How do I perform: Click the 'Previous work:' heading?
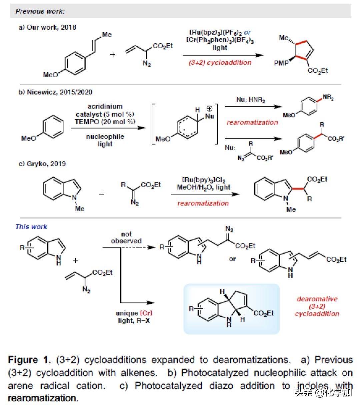(x=40, y=11)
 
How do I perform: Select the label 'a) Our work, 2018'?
(x=47, y=27)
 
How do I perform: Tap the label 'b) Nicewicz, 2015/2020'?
(x=55, y=92)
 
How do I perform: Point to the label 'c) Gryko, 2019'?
(x=42, y=164)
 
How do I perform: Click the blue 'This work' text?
(x=31, y=227)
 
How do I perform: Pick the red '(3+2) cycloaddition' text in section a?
(x=220, y=63)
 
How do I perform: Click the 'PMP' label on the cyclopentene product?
(x=281, y=63)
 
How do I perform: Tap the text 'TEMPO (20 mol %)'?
(x=105, y=122)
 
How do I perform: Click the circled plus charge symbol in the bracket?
(x=209, y=108)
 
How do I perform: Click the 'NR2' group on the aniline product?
(x=328, y=98)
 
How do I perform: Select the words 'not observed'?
(x=126, y=237)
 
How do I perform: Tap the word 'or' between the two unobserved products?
(x=232, y=259)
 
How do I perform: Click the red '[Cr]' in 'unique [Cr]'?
(x=146, y=313)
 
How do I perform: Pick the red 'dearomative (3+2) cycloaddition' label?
(x=317, y=306)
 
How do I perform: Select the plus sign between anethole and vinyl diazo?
(x=113, y=55)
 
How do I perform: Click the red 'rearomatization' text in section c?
(x=203, y=203)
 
